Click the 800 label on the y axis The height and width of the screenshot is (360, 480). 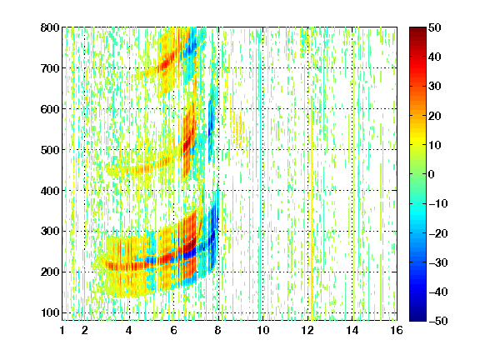click(x=50, y=27)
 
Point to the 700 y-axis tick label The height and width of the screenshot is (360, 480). click(x=50, y=68)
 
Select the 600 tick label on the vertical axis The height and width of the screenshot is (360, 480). click(x=50, y=109)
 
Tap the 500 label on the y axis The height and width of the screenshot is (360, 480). click(x=50, y=150)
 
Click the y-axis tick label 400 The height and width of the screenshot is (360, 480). click(x=50, y=191)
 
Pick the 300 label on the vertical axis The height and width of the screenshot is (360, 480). click(x=50, y=232)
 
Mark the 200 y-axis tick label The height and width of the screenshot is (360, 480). click(x=50, y=272)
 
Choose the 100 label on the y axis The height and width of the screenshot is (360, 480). click(x=50, y=312)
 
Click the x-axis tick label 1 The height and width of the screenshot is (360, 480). click(x=62, y=330)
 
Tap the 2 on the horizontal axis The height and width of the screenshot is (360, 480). click(x=85, y=330)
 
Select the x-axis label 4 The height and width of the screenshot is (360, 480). click(x=129, y=330)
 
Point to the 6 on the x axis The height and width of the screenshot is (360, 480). click(x=173, y=330)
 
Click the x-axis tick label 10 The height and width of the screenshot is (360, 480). click(x=263, y=330)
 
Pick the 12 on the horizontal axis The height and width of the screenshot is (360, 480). click(x=307, y=330)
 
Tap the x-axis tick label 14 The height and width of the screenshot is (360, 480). click(x=352, y=330)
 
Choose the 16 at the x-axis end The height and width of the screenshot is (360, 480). click(x=397, y=330)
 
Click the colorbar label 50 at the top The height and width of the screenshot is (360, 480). click(x=435, y=27)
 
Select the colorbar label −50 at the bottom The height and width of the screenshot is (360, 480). click(x=438, y=321)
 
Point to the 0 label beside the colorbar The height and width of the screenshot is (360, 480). click(x=432, y=174)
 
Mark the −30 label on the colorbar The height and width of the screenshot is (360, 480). click(x=438, y=262)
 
